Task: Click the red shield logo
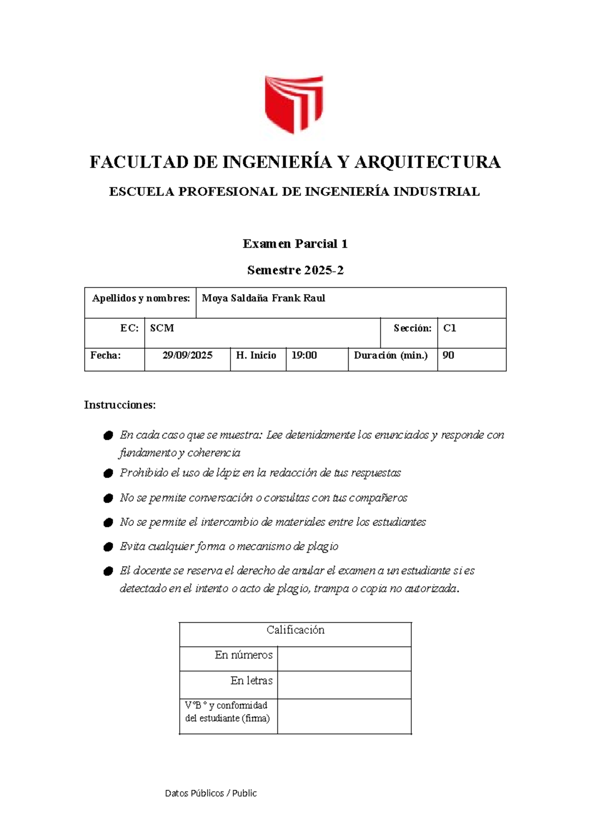click(x=294, y=104)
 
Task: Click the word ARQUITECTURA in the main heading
click(x=427, y=162)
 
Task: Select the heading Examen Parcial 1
click(x=295, y=244)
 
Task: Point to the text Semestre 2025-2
click(x=295, y=270)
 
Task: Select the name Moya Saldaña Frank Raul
click(x=263, y=298)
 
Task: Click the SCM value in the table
click(x=162, y=328)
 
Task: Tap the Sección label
click(x=412, y=328)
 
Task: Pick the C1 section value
click(x=450, y=328)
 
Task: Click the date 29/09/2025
click(x=187, y=355)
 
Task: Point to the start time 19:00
click(x=304, y=355)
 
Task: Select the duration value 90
click(x=448, y=355)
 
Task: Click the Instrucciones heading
click(x=120, y=405)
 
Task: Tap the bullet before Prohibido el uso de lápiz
click(x=108, y=474)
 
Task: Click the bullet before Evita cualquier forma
click(x=108, y=547)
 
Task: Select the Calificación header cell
click(x=295, y=630)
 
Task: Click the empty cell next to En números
click(x=344, y=659)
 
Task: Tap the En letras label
click(x=251, y=681)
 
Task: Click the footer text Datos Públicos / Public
click(x=211, y=793)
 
